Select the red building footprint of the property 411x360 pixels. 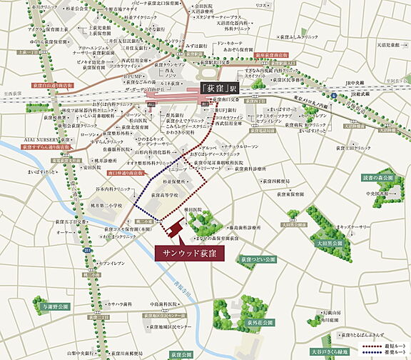[x=172, y=228]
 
